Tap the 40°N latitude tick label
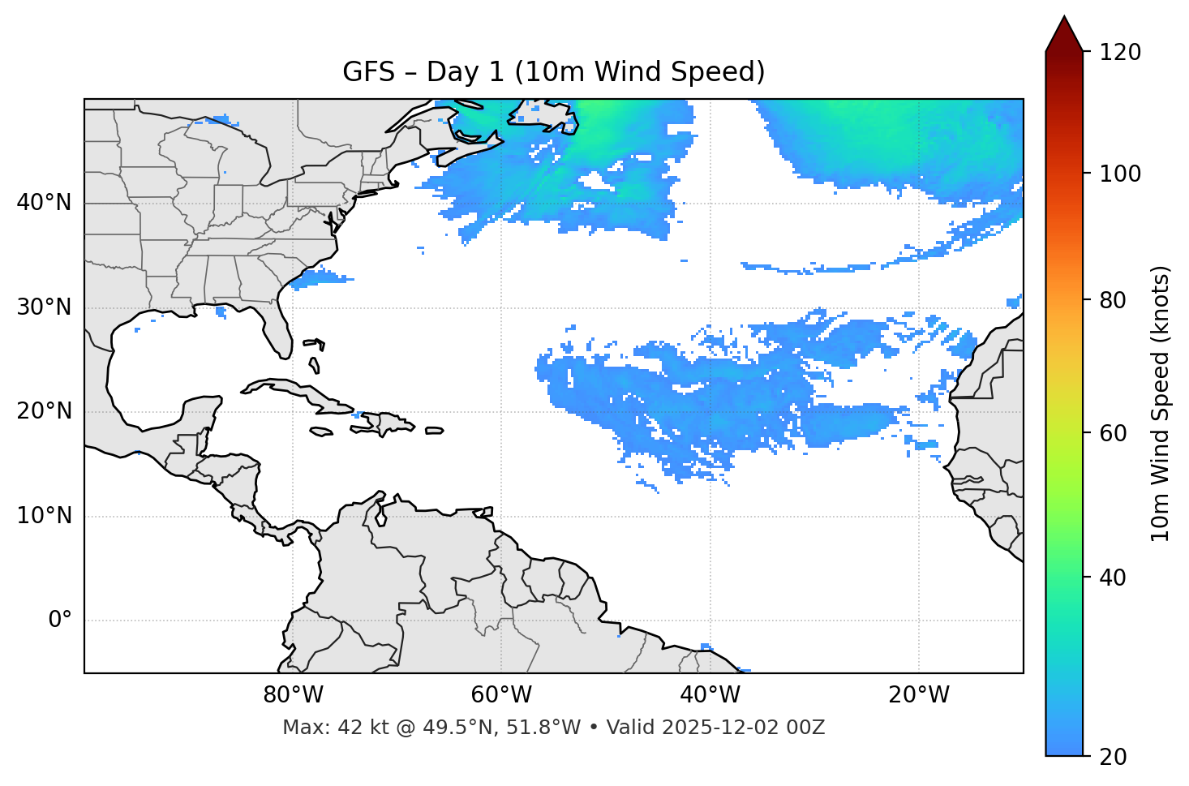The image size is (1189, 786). [x=44, y=202]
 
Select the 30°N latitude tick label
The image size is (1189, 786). [x=44, y=307]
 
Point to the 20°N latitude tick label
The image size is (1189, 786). [x=44, y=411]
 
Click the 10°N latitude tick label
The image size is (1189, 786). [x=44, y=516]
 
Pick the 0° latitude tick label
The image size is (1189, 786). [x=60, y=621]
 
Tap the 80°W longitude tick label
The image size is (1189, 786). [x=293, y=695]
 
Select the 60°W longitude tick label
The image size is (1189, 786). [x=501, y=695]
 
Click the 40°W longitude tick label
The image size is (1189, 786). [x=710, y=695]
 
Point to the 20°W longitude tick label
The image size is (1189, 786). [x=919, y=695]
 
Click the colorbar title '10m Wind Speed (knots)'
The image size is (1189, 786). [x=1161, y=404]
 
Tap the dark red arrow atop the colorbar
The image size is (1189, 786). [x=1064, y=35]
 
